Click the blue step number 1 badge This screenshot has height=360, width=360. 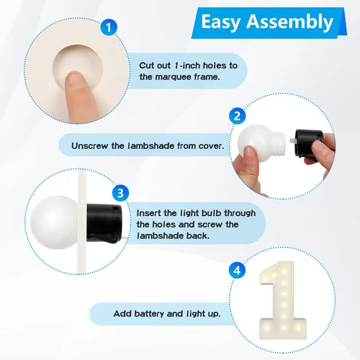[x=109, y=27]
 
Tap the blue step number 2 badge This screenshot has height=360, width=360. [x=237, y=116]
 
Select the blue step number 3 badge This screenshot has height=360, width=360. [x=120, y=193]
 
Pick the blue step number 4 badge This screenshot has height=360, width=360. [x=237, y=271]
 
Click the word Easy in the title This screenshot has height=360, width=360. [x=221, y=22]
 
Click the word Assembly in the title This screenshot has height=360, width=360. [x=290, y=22]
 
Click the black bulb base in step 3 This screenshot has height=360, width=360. [x=104, y=222]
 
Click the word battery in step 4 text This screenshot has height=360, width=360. [x=149, y=313]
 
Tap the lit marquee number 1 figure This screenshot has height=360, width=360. [x=282, y=300]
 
